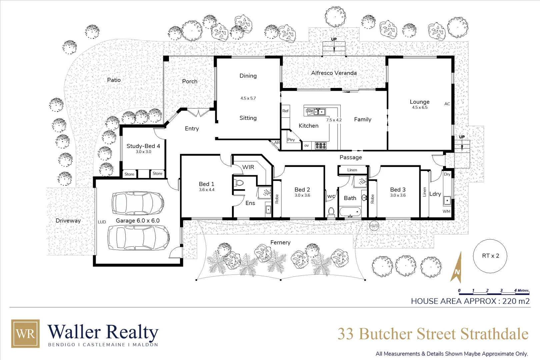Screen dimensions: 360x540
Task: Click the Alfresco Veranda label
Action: pyautogui.click(x=334, y=73)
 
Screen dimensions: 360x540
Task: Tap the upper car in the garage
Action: pyautogui.click(x=137, y=203)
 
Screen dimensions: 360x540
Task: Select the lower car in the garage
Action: pyautogui.click(x=138, y=237)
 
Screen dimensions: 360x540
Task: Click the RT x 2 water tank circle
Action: pyautogui.click(x=490, y=256)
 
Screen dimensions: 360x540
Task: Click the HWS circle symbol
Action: pyautogui.click(x=374, y=226)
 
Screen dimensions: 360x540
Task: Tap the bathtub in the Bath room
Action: pyautogui.click(x=350, y=212)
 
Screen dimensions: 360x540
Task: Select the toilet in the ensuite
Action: pyautogui.click(x=239, y=183)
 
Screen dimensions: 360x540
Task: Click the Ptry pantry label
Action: pyautogui.click(x=291, y=140)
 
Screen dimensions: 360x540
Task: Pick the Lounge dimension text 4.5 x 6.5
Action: pyautogui.click(x=419, y=107)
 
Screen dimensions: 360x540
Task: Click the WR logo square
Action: pyautogui.click(x=25, y=334)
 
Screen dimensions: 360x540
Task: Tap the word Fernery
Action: pyautogui.click(x=280, y=242)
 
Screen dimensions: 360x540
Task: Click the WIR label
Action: pyautogui.click(x=248, y=167)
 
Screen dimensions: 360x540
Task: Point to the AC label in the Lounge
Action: pyautogui.click(x=447, y=104)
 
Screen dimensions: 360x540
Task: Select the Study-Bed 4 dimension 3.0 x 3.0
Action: pyautogui.click(x=143, y=152)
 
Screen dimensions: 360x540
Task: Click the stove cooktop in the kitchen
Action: pyautogui.click(x=321, y=145)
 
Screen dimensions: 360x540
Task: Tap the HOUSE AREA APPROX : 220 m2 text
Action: pyautogui.click(x=470, y=301)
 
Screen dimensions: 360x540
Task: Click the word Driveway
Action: pyautogui.click(x=68, y=221)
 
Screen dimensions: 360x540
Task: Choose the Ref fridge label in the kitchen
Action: pyautogui.click(x=285, y=111)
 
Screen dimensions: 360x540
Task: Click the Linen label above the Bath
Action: pyautogui.click(x=352, y=170)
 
